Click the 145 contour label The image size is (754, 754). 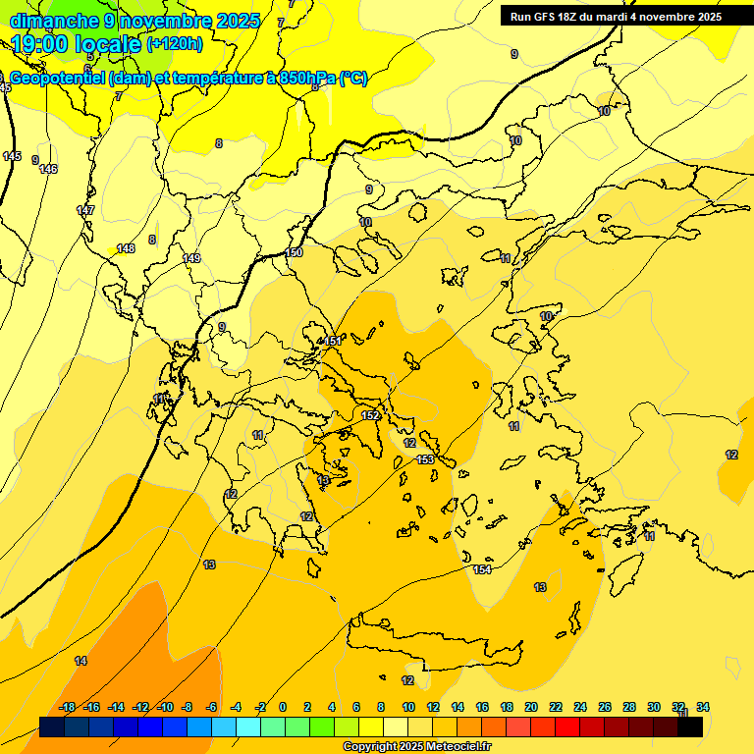(12, 156)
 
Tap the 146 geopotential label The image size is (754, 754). (48, 169)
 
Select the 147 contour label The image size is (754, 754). (85, 210)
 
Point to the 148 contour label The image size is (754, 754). (126, 248)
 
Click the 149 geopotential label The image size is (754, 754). (191, 258)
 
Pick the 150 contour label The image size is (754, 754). (294, 252)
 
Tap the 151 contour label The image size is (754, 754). (333, 341)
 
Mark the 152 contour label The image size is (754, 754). (370, 415)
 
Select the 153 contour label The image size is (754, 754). (425, 459)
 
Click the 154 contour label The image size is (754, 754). (482, 569)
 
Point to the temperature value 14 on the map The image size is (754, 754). (81, 661)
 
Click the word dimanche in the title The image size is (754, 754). (54, 21)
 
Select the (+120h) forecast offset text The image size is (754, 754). (174, 43)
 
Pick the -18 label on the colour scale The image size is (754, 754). (67, 707)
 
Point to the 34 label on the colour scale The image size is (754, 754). (703, 707)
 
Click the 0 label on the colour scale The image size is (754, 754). (283, 707)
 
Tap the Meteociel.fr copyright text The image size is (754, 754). (416, 747)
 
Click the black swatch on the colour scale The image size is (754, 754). (690, 727)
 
